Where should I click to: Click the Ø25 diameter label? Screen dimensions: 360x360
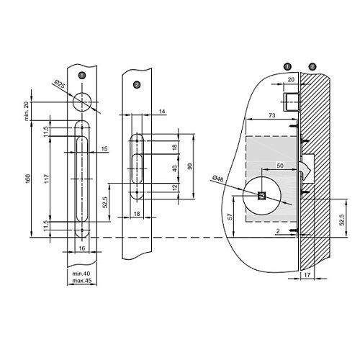[x=60, y=84]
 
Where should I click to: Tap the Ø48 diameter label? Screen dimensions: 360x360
[x=218, y=179]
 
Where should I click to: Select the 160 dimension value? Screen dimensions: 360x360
[x=28, y=179]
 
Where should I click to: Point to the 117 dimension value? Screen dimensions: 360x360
[x=47, y=179]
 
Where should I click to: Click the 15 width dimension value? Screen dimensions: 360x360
[x=104, y=149]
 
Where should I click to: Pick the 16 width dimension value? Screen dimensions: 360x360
[x=82, y=248]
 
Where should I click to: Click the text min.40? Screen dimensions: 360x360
[x=81, y=274]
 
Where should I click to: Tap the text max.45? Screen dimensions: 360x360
[x=82, y=281]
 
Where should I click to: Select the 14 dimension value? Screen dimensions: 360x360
[x=162, y=112]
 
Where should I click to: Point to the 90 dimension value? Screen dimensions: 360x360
[x=190, y=166]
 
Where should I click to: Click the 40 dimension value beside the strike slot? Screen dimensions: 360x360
[x=175, y=168]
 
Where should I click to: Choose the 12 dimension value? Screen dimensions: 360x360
[x=175, y=187]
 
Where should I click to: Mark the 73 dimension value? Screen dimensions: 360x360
[x=271, y=115]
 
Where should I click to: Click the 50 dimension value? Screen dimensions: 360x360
[x=280, y=166]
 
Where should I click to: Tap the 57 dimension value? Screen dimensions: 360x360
[x=230, y=217]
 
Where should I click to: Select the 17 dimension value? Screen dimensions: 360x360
[x=307, y=275]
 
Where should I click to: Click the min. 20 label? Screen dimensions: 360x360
[x=27, y=111]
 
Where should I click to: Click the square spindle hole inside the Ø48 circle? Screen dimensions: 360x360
[x=261, y=196]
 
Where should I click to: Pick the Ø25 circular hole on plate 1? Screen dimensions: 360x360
[x=82, y=102]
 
